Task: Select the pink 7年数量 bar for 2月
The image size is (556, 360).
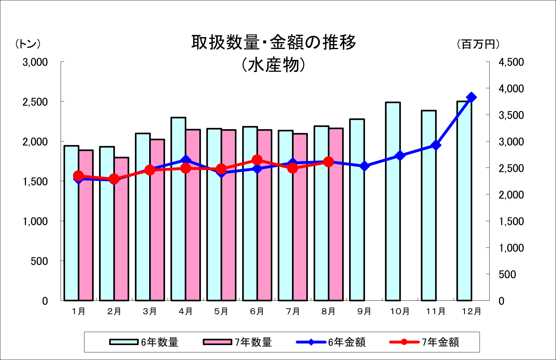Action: coord(122,229)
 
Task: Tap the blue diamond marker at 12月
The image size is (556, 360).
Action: coord(471,97)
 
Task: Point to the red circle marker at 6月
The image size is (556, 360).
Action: coord(257,160)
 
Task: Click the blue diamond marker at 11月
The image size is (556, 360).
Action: coord(436,145)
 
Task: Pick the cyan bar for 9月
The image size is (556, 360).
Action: coord(357,210)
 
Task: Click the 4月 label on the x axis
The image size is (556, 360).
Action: coord(186,311)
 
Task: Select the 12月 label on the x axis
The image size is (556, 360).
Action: coord(471,311)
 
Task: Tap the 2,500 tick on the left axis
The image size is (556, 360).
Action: coord(35,102)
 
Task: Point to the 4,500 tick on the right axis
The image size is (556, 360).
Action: coord(511,62)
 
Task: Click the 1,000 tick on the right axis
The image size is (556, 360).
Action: coord(511,248)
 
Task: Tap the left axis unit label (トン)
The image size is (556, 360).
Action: coord(28,44)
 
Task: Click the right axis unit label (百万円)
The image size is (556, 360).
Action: coord(478,44)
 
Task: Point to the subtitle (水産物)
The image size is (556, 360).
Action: coord(273,65)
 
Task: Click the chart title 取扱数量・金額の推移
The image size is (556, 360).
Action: coord(274,43)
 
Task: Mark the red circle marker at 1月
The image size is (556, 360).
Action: coord(78,176)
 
